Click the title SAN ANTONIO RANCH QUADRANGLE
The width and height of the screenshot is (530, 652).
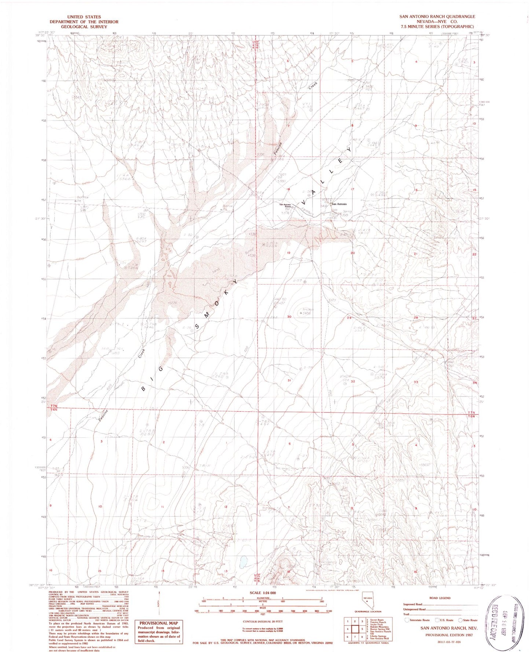point(437,17)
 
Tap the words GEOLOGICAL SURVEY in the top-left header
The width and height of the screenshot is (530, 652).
point(84,27)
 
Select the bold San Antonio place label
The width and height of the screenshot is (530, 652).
point(339,204)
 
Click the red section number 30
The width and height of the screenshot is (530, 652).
point(289,317)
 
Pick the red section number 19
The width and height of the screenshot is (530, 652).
point(289,253)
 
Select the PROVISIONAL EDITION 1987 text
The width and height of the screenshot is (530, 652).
point(449,635)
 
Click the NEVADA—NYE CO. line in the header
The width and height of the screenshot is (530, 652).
point(437,22)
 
